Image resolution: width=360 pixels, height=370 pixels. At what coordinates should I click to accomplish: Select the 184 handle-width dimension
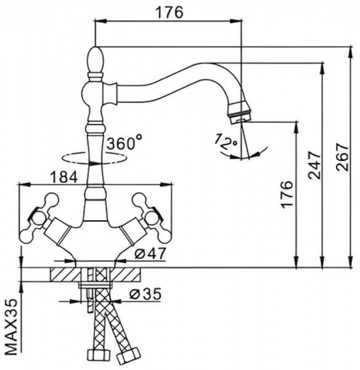[x=63, y=177]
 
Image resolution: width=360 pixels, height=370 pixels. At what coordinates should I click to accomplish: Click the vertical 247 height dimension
[x=313, y=165]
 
